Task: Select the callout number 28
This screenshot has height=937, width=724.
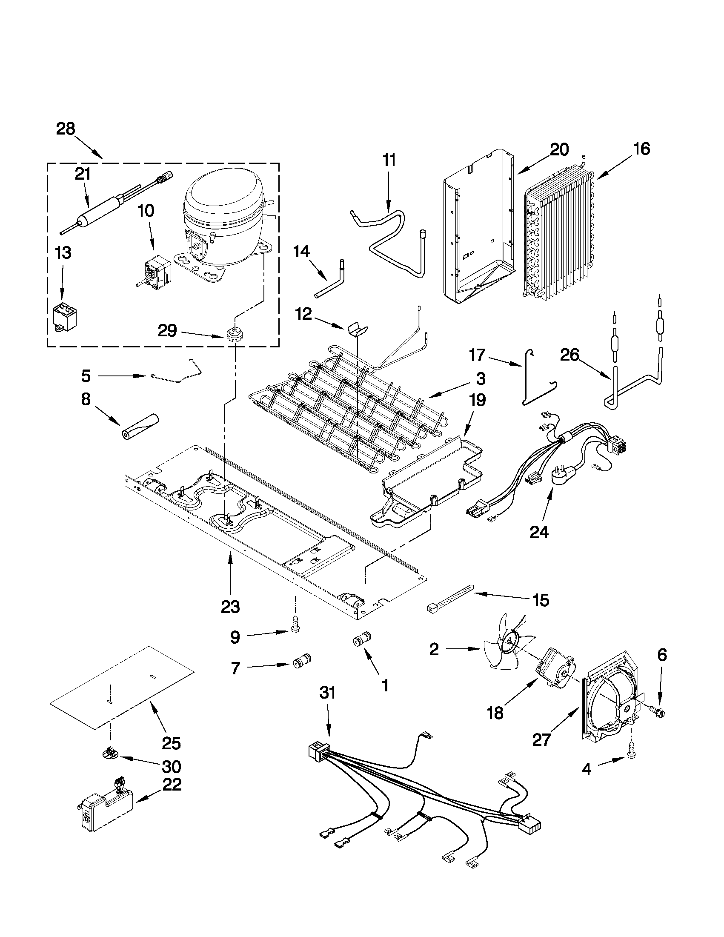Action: pyautogui.click(x=66, y=129)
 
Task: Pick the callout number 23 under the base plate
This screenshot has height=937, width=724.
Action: pyautogui.click(x=230, y=606)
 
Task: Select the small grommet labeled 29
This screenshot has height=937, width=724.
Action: pyautogui.click(x=233, y=333)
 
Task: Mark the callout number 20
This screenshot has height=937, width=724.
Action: pyautogui.click(x=559, y=150)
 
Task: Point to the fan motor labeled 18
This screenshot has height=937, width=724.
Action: pyautogui.click(x=555, y=673)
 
